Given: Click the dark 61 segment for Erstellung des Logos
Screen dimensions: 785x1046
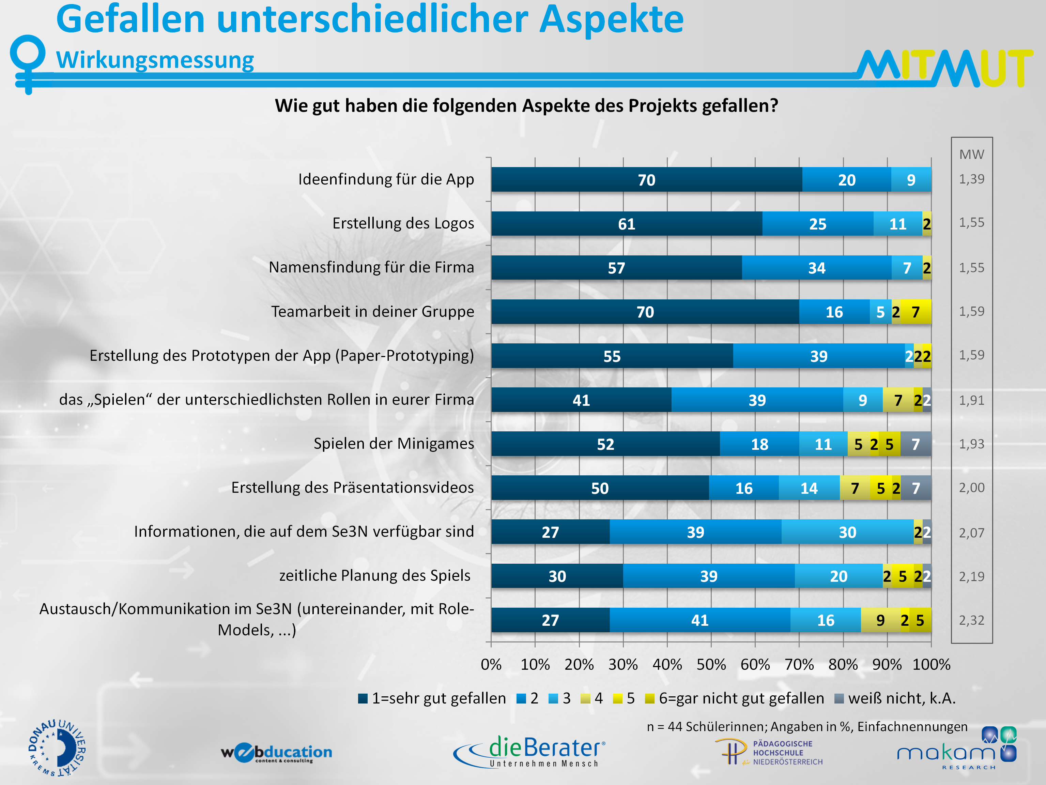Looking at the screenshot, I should pyautogui.click(x=627, y=224).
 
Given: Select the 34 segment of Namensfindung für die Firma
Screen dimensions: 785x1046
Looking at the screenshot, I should pyautogui.click(x=817, y=268).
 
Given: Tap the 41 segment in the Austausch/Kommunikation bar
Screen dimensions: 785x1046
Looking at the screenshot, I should pyautogui.click(x=700, y=620).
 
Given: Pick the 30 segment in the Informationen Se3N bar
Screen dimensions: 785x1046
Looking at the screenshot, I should pyautogui.click(x=847, y=532).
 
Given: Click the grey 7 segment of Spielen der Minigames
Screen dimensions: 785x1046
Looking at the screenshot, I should pyautogui.click(x=916, y=444).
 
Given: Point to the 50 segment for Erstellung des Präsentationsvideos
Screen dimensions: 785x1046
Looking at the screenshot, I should pyautogui.click(x=600, y=488).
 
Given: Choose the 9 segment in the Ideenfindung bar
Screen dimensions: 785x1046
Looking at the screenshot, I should pyautogui.click(x=911, y=180).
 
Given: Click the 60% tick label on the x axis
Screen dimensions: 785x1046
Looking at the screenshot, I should pyautogui.click(x=755, y=664).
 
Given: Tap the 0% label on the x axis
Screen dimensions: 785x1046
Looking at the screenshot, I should pyautogui.click(x=491, y=664).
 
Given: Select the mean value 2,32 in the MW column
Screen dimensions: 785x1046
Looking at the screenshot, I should pyautogui.click(x=971, y=620).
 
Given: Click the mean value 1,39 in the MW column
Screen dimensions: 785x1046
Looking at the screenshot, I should pyautogui.click(x=971, y=179).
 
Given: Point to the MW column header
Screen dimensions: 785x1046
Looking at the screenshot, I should pyautogui.click(x=971, y=154).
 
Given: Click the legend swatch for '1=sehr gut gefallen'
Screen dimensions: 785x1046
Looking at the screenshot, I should pyautogui.click(x=363, y=698).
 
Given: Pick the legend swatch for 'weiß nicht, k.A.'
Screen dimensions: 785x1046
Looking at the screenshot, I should pyautogui.click(x=839, y=698).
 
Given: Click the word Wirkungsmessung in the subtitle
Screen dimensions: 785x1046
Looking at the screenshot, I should pyautogui.click(x=155, y=60).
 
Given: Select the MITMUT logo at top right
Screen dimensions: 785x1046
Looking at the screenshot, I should pyautogui.click(x=944, y=69).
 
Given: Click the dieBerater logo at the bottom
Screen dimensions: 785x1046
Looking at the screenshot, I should pyautogui.click(x=529, y=751).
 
